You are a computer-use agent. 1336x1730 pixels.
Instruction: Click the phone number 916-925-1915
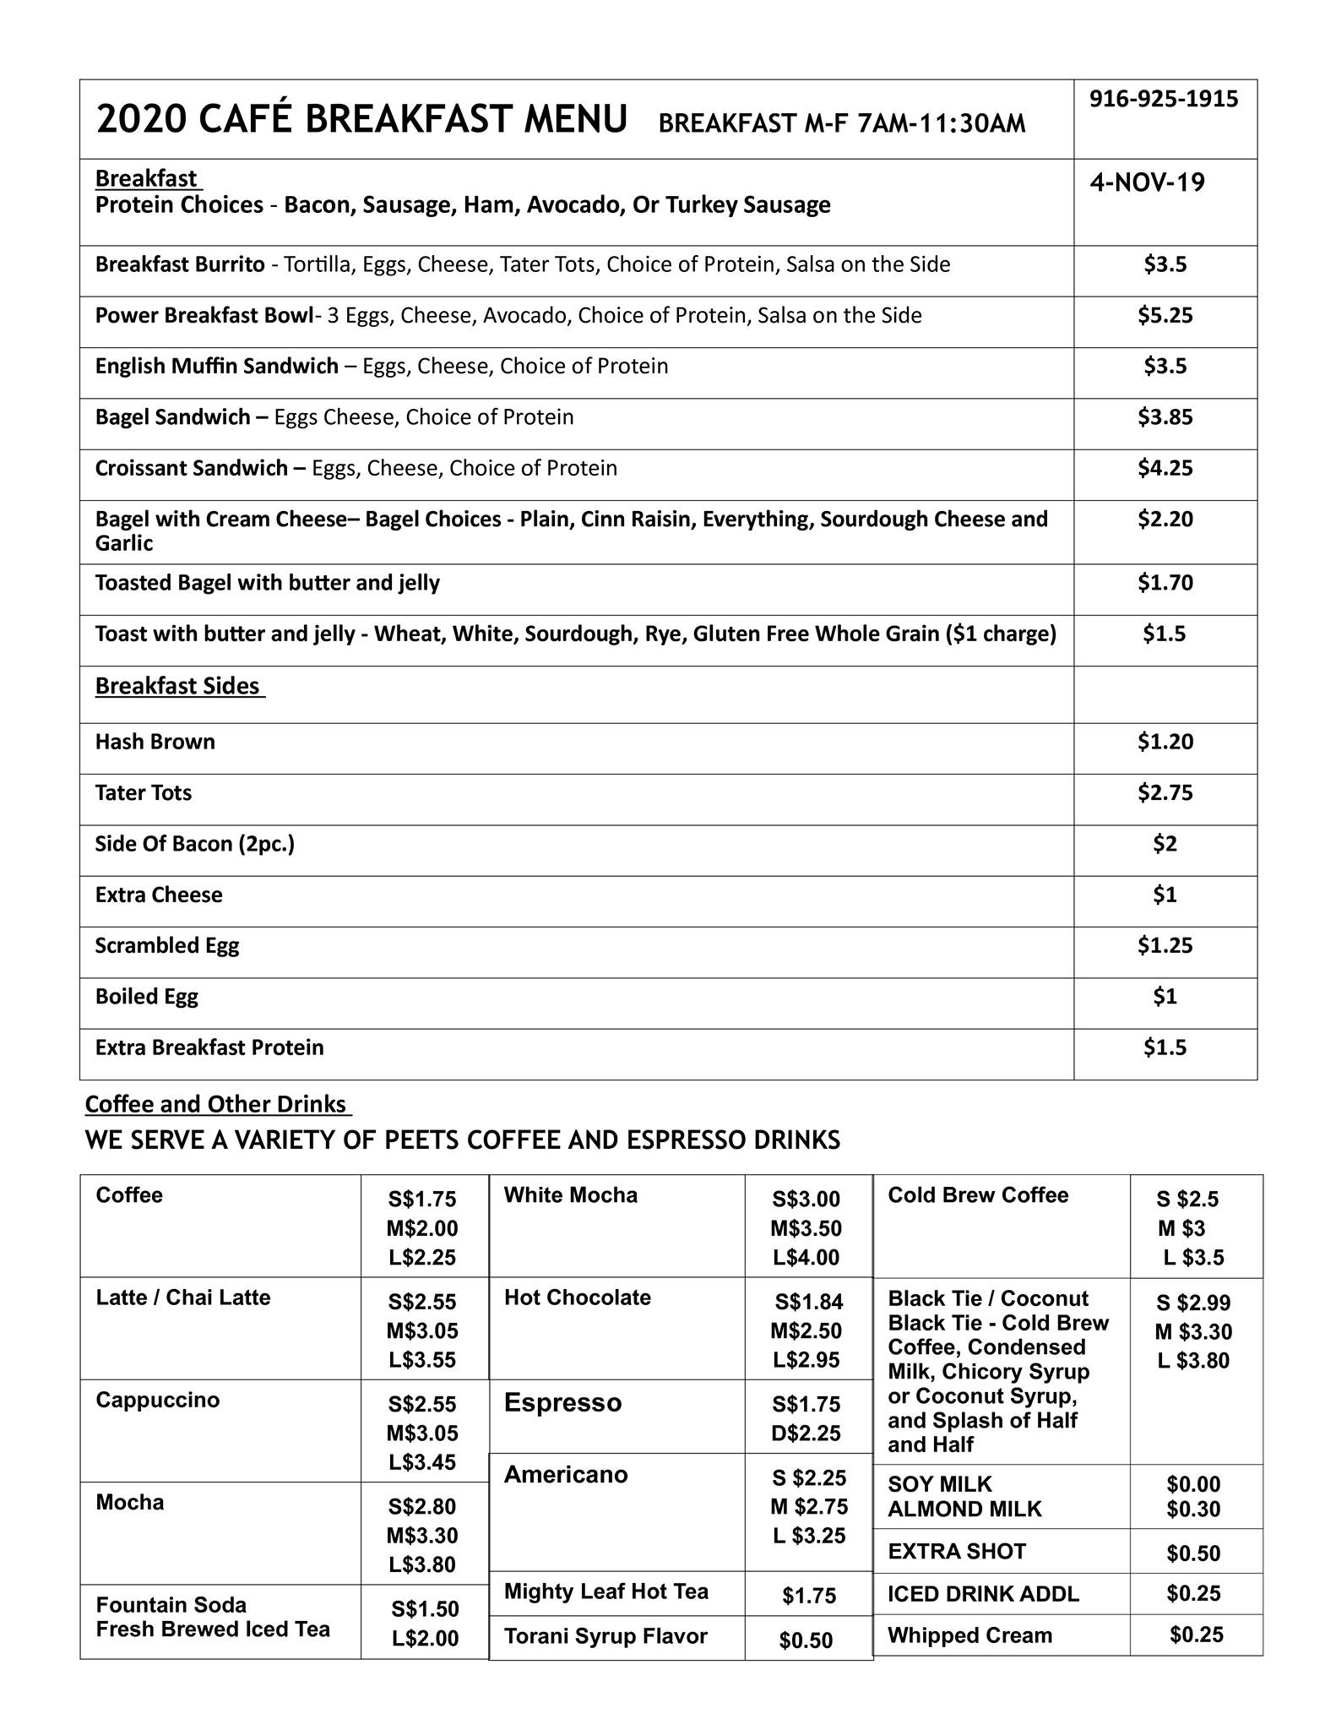click(x=1163, y=100)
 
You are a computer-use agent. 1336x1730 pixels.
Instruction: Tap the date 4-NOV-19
click(x=1147, y=182)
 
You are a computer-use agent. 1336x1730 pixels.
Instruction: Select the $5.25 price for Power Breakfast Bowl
click(x=1165, y=316)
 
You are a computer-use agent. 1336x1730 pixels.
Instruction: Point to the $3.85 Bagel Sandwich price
click(x=1165, y=417)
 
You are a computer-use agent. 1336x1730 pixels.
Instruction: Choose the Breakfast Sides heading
click(x=177, y=686)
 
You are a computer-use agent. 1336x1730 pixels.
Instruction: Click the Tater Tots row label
click(x=144, y=793)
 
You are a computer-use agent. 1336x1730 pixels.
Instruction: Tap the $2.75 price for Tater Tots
click(x=1165, y=793)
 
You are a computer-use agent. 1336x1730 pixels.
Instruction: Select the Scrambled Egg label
click(x=167, y=946)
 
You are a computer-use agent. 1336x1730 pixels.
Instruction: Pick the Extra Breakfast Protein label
click(x=209, y=1047)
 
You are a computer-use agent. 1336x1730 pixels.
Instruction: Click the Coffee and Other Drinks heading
click(x=216, y=1104)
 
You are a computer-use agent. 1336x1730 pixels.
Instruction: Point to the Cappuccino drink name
click(x=158, y=1400)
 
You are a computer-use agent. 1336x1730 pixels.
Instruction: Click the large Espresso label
click(x=562, y=1402)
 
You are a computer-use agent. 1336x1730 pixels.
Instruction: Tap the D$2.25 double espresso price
click(x=806, y=1433)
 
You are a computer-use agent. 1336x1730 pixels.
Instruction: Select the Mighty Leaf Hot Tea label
click(x=606, y=1591)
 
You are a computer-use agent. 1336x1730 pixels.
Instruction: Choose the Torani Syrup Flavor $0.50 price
click(x=806, y=1640)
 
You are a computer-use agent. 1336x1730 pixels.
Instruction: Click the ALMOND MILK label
click(x=964, y=1509)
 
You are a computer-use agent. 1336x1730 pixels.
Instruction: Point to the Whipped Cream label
click(x=969, y=1635)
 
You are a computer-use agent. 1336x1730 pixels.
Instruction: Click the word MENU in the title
click(x=575, y=119)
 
